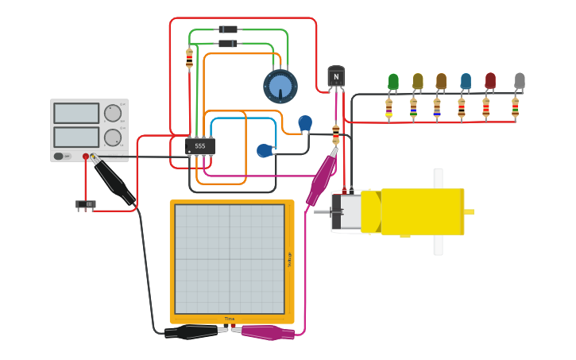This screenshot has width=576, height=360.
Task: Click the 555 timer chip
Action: pos(199,146)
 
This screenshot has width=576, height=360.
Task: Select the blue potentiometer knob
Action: pos(280,87)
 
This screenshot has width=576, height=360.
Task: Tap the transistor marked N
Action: pos(336,76)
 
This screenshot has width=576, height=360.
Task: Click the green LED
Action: pos(393,81)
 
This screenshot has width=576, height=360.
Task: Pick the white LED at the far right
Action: pos(520,80)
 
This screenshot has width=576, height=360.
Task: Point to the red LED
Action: pos(490,80)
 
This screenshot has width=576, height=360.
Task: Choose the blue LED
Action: pos(466,81)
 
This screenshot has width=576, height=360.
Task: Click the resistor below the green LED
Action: pos(389,108)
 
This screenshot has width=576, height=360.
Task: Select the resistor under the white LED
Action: pos(515,107)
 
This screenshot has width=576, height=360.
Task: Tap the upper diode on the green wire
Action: pos(228,29)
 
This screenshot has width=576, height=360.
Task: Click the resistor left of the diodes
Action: pos(189,58)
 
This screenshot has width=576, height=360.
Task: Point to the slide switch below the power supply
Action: pos(86,204)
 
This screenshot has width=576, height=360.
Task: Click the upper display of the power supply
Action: pos(76,113)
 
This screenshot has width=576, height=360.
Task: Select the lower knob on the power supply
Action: pos(113,137)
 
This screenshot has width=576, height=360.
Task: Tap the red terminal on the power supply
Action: pos(86,157)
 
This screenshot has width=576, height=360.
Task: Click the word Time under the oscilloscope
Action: pos(229,319)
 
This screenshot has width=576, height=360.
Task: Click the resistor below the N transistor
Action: pos(336,132)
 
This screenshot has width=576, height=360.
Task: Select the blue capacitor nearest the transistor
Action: pos(305,123)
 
